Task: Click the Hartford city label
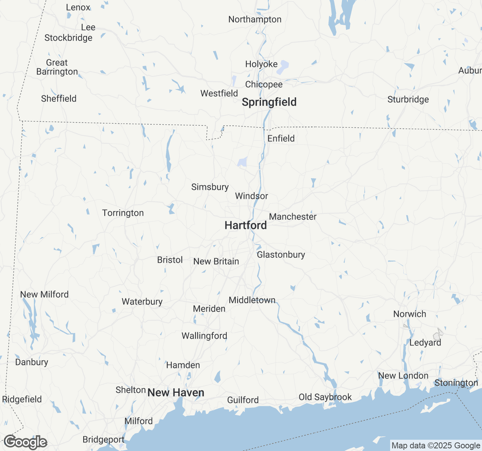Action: [x=246, y=225]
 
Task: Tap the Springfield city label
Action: [x=269, y=102]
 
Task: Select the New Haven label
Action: [x=176, y=393]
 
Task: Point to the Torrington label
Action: [x=123, y=213]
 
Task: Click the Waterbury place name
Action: [x=142, y=301]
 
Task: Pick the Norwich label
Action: [x=410, y=314]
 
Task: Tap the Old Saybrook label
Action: [x=325, y=397]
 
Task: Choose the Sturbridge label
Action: [x=408, y=99]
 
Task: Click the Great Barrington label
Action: [x=57, y=67]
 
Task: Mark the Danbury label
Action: [x=32, y=362]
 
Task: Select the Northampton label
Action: [x=255, y=19]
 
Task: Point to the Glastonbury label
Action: [x=281, y=254]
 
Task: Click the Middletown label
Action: [x=252, y=300]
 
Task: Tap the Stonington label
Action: [x=456, y=383]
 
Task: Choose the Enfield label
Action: [x=281, y=138]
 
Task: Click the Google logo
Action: [x=25, y=442]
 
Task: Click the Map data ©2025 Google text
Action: [x=436, y=446]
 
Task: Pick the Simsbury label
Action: [x=210, y=187]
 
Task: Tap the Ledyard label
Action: [x=425, y=342]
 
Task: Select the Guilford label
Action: [x=243, y=400]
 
